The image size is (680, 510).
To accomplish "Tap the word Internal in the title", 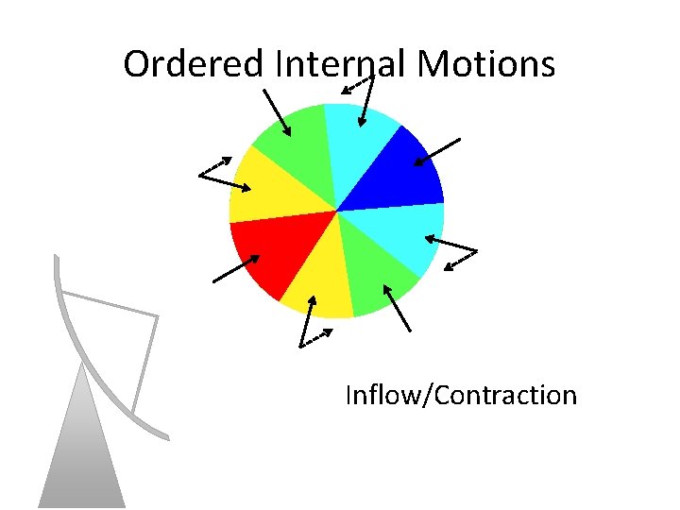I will tap(341, 64).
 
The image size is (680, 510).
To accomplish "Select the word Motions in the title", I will tap(485, 64).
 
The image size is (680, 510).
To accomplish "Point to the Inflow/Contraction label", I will tap(461, 394).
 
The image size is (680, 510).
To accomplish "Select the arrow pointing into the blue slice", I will tap(437, 152).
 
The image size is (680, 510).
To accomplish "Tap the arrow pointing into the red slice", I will tap(235, 268).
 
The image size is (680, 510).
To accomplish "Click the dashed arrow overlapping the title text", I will tap(356, 86).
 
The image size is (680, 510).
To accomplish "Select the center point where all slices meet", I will tap(336, 211).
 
